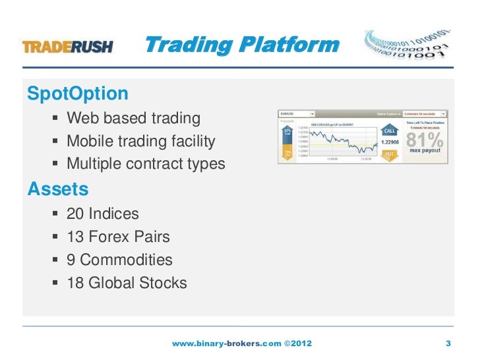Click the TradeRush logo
[x=68, y=47]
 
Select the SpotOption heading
[x=78, y=93]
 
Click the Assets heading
[x=58, y=189]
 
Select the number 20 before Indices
[x=76, y=214]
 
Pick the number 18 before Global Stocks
[x=76, y=284]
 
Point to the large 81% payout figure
[x=425, y=140]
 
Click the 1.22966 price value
[x=388, y=142]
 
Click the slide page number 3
[x=448, y=344]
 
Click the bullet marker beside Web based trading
[x=53, y=119]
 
